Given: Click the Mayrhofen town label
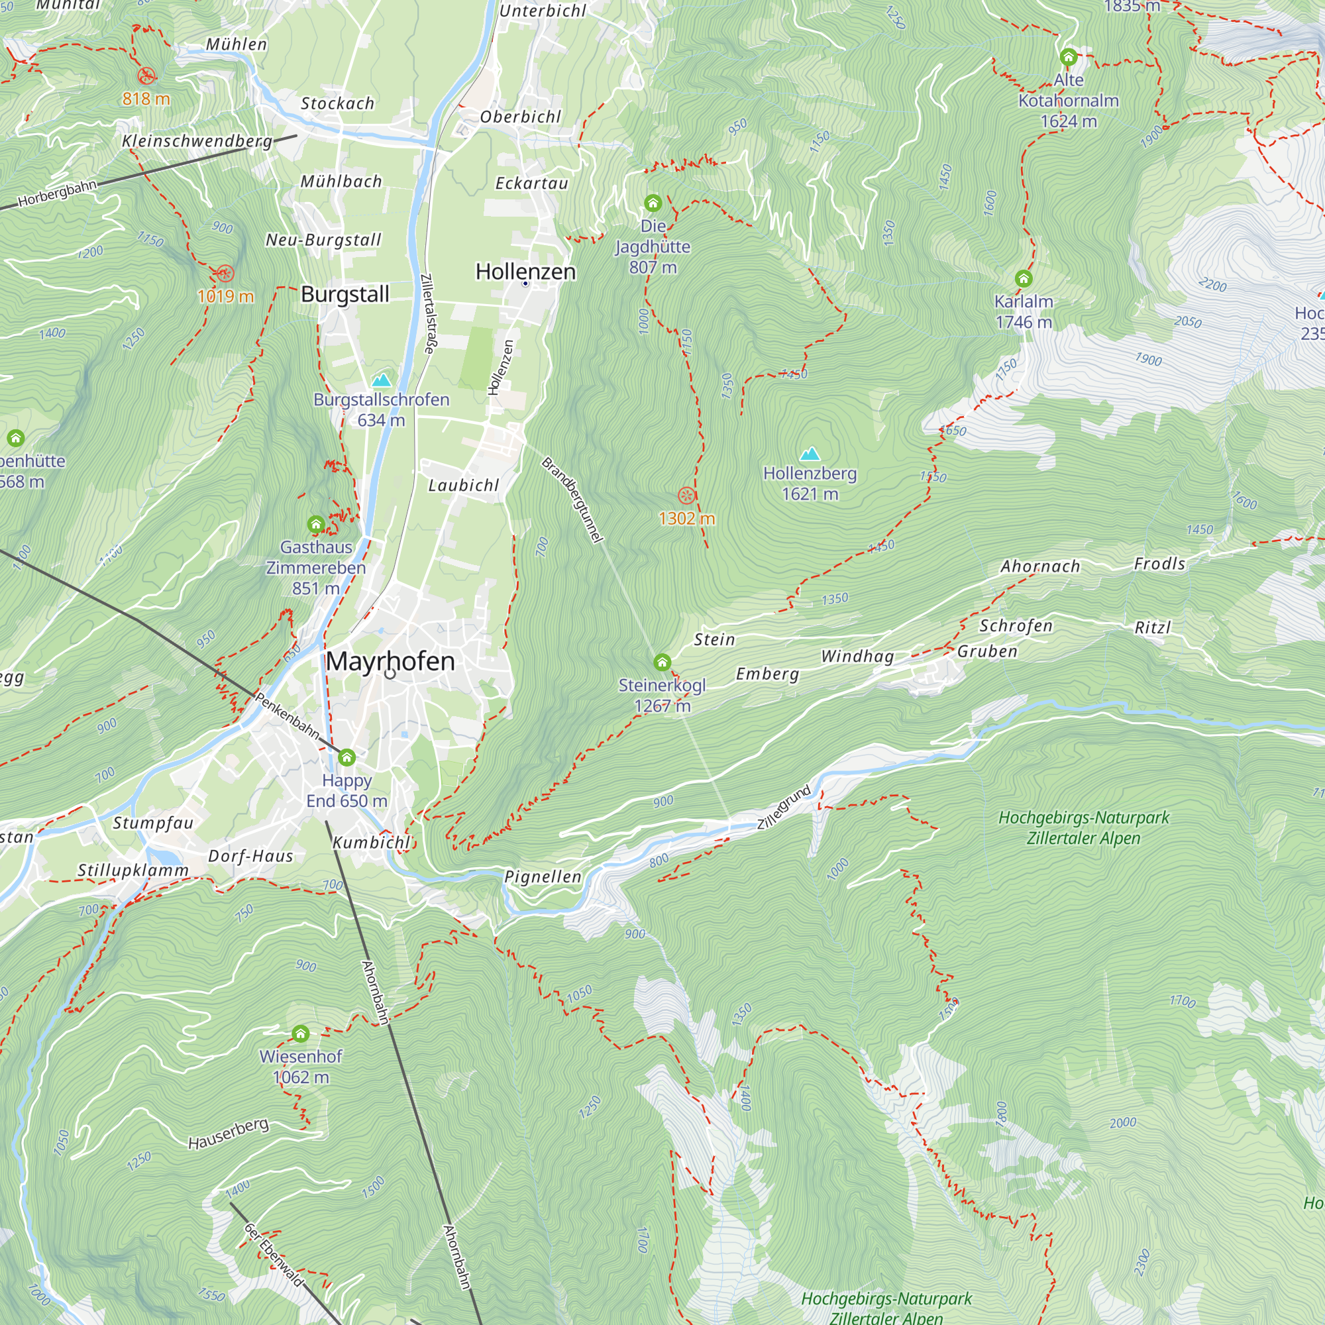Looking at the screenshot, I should pyautogui.click(x=390, y=661).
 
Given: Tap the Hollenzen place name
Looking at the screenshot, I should pyautogui.click(x=525, y=272).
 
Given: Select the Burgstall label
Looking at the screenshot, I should pyautogui.click(x=345, y=294).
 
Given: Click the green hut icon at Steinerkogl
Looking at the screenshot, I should pyautogui.click(x=662, y=662).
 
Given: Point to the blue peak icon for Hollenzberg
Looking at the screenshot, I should pyautogui.click(x=810, y=453).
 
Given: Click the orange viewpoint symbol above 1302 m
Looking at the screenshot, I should pyautogui.click(x=686, y=495).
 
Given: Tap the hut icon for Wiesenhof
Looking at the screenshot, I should pyautogui.click(x=300, y=1033).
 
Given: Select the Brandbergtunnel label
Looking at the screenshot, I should pyautogui.click(x=572, y=500).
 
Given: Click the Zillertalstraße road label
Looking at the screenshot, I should pyautogui.click(x=428, y=313).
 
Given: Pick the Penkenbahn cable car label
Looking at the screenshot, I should pyautogui.click(x=288, y=716).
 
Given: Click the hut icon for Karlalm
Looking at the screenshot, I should pyautogui.click(x=1024, y=278).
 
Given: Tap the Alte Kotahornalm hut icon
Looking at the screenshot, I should pyautogui.click(x=1068, y=56).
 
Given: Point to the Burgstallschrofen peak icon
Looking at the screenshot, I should pyautogui.click(x=381, y=379).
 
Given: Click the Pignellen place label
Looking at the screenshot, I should pyautogui.click(x=543, y=876).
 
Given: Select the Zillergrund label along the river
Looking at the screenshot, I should pyautogui.click(x=784, y=807).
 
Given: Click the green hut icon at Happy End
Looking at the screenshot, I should pyautogui.click(x=346, y=757).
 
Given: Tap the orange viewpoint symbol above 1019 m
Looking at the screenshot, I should pyautogui.click(x=225, y=273).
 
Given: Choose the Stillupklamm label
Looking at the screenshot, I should pyautogui.click(x=132, y=871).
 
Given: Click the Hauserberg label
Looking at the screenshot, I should pyautogui.click(x=229, y=1134).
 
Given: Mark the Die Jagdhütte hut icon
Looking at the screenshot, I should pyautogui.click(x=652, y=203).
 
